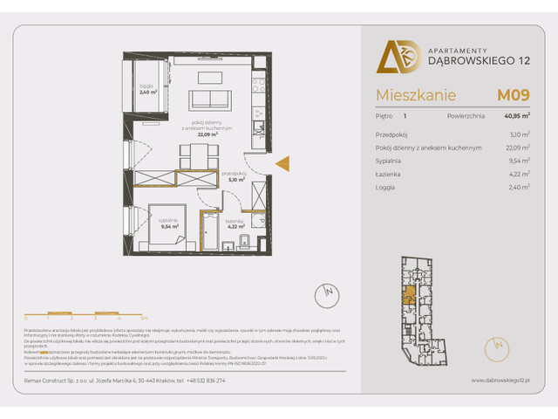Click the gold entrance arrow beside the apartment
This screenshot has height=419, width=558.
coord(282,162)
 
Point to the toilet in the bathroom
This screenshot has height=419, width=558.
coord(246,241)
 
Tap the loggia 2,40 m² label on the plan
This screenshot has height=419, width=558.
coord(146,88)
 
